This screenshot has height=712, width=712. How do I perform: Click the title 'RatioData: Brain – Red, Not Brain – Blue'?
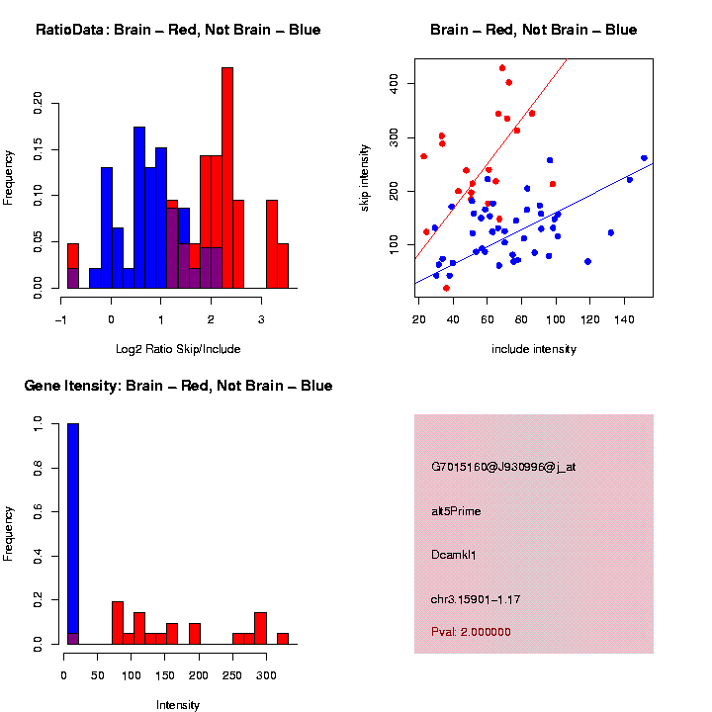tap(178, 30)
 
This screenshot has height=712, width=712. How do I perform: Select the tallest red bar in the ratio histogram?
tap(227, 178)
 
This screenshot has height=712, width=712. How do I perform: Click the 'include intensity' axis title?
tap(533, 349)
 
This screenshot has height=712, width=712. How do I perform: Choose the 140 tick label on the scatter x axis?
tap(624, 320)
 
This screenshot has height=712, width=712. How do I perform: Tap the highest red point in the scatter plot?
tap(502, 68)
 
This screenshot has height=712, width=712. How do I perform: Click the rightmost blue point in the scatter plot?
tap(644, 158)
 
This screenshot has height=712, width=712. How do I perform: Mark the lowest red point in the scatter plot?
tap(446, 288)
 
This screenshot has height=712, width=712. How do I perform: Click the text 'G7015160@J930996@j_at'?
tap(503, 466)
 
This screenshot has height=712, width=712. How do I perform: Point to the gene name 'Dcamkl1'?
tap(454, 555)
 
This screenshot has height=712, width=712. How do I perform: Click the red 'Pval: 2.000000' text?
tap(471, 632)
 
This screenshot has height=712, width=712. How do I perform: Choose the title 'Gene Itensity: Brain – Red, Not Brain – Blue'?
tap(178, 386)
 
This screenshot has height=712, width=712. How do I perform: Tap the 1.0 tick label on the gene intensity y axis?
tap(39, 423)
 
